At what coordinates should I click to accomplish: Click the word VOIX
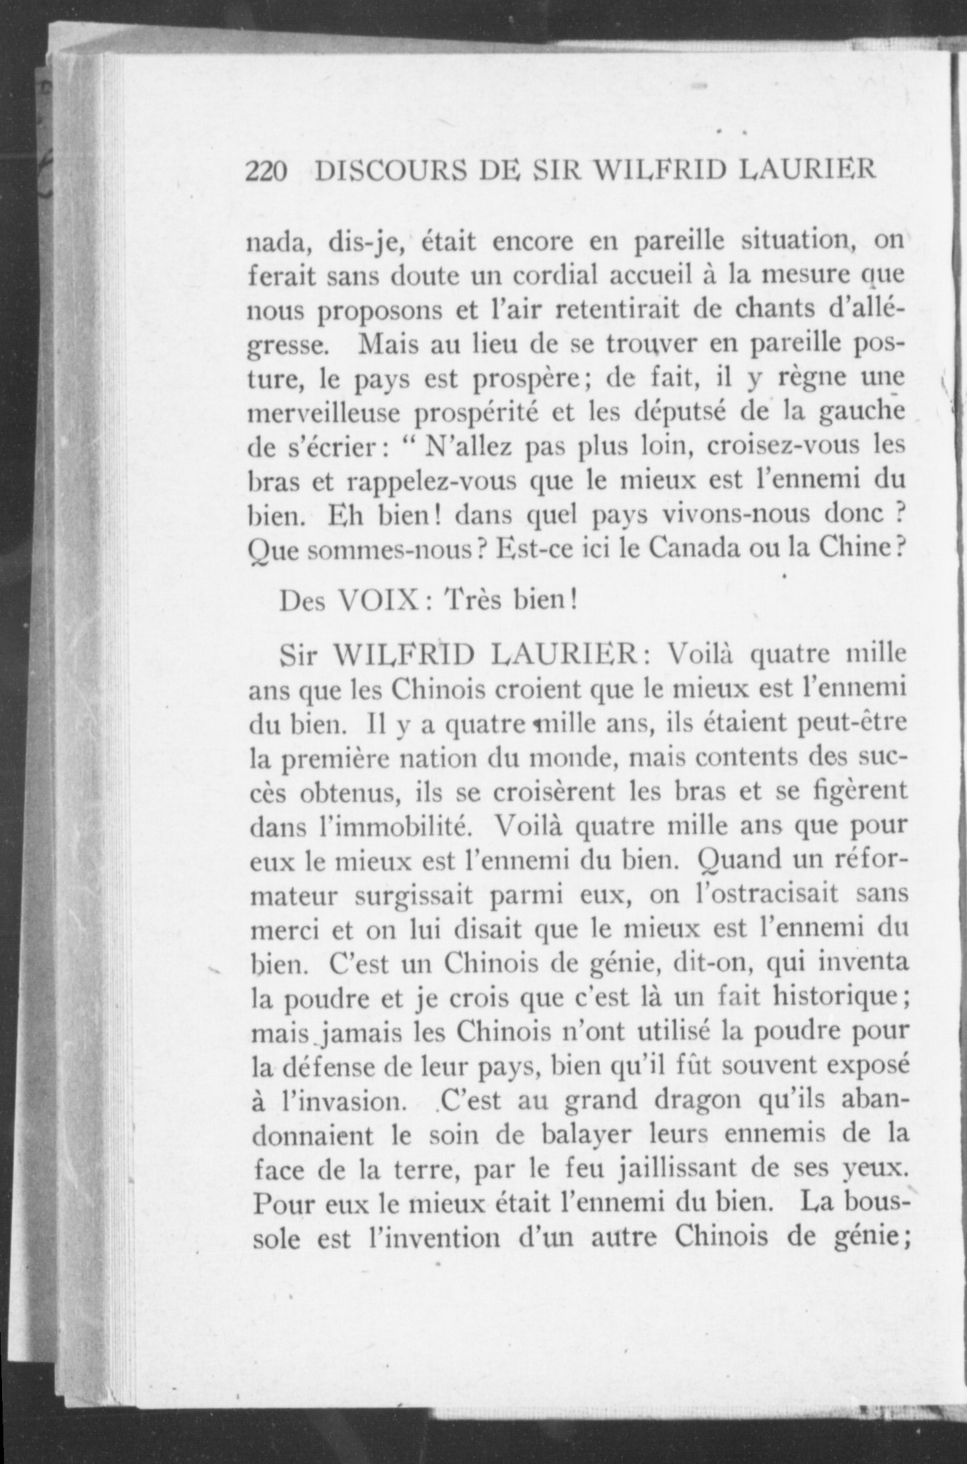tap(376, 601)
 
